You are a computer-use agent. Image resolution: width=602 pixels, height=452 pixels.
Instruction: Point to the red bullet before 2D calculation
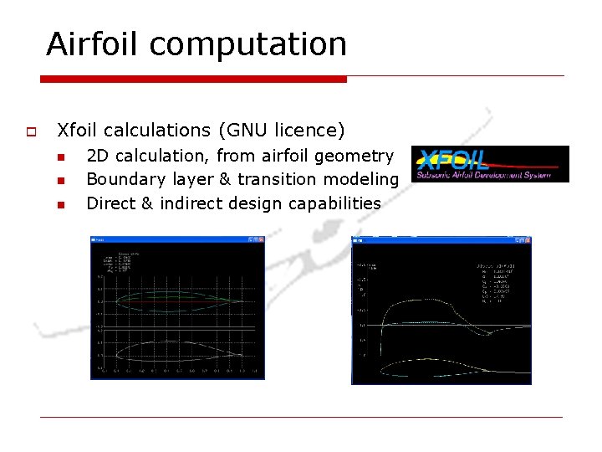click(x=60, y=157)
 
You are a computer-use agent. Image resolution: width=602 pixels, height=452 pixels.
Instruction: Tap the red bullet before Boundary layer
click(x=60, y=180)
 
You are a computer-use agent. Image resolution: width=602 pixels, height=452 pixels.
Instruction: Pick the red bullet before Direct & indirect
click(x=60, y=203)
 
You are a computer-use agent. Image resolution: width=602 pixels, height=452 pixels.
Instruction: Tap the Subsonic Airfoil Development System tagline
click(x=489, y=175)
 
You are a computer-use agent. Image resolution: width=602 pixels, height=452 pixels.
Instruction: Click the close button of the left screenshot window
click(x=261, y=239)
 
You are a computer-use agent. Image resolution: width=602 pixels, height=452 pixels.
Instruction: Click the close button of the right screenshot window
click(x=527, y=241)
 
